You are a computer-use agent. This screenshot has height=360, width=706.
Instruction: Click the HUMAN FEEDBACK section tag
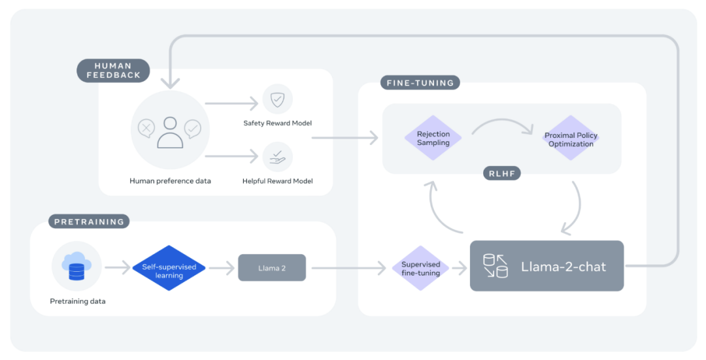click(113, 71)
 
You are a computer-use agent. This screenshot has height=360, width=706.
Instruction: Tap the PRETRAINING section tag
click(89, 221)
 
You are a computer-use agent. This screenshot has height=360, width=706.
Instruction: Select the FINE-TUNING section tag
click(420, 83)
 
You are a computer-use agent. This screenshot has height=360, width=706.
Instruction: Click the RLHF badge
click(501, 173)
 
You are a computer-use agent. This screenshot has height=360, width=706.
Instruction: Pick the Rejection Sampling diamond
click(433, 139)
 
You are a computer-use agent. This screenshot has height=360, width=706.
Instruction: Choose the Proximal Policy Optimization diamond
click(571, 139)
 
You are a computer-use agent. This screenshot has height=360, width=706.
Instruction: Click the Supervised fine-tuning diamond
click(420, 268)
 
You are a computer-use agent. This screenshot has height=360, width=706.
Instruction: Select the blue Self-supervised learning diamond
click(169, 267)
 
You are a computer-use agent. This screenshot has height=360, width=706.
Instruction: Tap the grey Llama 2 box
click(271, 268)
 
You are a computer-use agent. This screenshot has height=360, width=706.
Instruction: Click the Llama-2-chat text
click(563, 267)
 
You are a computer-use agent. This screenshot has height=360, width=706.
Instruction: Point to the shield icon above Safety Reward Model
click(277, 99)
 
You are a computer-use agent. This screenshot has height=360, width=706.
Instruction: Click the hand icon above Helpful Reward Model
click(277, 157)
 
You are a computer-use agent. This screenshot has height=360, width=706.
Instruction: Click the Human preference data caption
click(170, 181)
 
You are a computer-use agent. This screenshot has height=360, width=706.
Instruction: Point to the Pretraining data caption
click(77, 301)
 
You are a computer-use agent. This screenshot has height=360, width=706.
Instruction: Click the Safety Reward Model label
click(277, 123)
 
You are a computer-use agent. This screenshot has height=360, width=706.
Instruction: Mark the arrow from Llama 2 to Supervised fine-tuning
click(346, 268)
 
